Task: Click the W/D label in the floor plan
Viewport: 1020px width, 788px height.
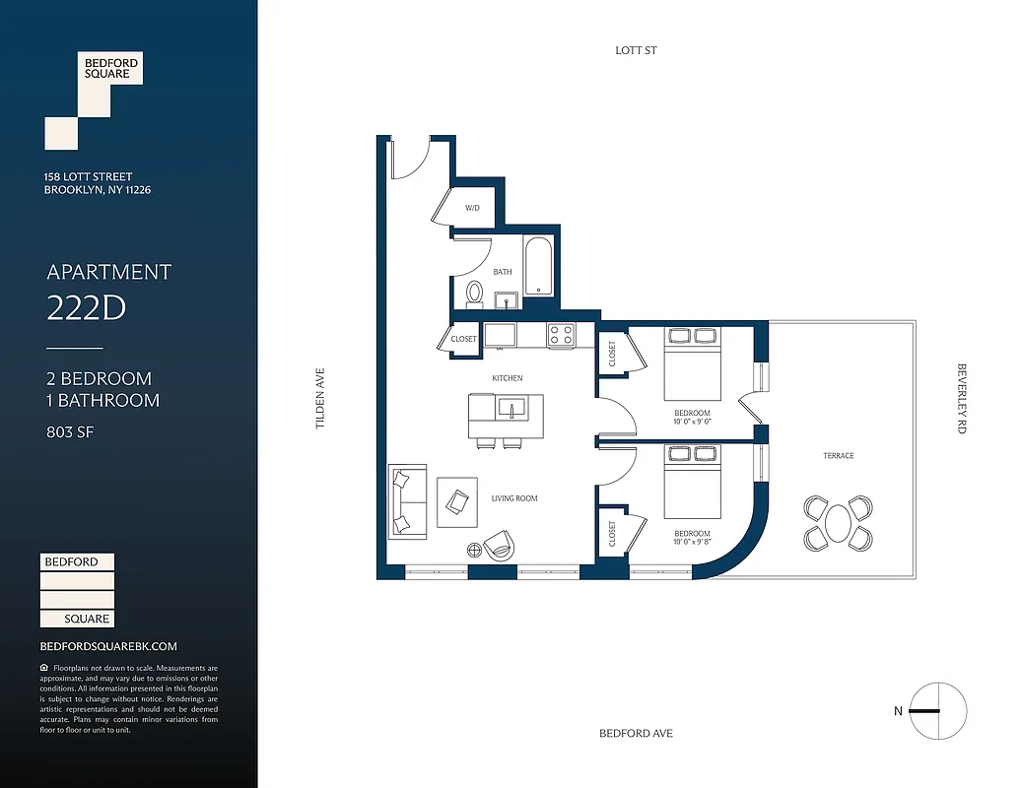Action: click(472, 208)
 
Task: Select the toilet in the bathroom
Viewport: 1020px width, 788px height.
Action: click(474, 293)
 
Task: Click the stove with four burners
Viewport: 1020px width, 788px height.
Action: click(561, 335)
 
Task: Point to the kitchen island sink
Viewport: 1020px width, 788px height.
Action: click(510, 406)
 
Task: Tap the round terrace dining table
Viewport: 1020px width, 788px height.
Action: click(839, 523)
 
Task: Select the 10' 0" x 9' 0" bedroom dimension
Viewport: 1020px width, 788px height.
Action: click(692, 422)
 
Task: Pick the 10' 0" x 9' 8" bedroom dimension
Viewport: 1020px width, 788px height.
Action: click(692, 541)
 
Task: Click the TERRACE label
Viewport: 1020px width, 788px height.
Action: click(839, 456)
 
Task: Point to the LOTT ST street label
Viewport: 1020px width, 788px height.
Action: click(636, 50)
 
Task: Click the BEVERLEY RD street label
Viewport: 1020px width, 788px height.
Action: click(962, 399)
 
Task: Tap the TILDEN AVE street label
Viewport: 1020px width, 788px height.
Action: click(319, 399)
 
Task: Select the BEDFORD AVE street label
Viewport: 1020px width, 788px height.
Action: click(636, 734)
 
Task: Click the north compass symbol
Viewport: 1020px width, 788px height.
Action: click(937, 710)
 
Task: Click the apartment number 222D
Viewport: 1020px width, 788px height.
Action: click(87, 308)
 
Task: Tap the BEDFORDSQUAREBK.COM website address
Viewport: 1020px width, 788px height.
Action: click(108, 646)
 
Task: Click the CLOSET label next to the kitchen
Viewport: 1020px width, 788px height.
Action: click(463, 339)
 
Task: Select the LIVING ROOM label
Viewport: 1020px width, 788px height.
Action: click(514, 498)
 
